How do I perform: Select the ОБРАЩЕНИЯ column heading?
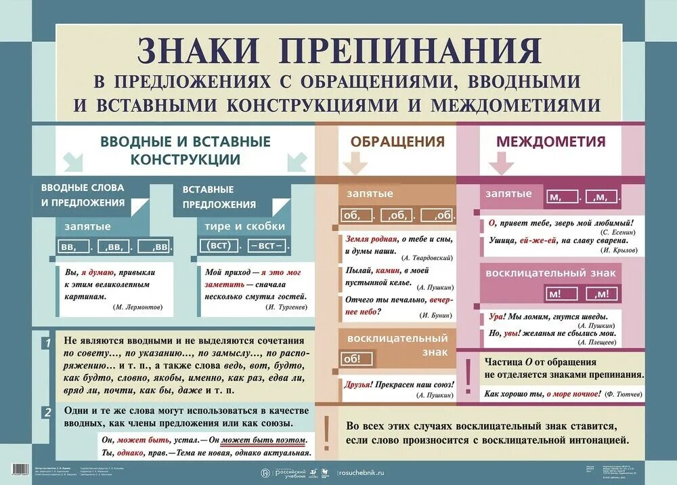tap(397, 142)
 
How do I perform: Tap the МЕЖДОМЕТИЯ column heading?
tap(551, 142)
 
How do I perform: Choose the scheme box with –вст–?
tap(267, 245)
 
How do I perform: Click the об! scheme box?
tap(353, 359)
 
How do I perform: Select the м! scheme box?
tap(561, 293)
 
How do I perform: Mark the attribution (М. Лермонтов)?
tap(138, 307)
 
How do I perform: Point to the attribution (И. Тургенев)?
tap(287, 307)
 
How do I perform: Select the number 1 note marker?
tap(47, 343)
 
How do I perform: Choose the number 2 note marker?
tap(47, 413)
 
